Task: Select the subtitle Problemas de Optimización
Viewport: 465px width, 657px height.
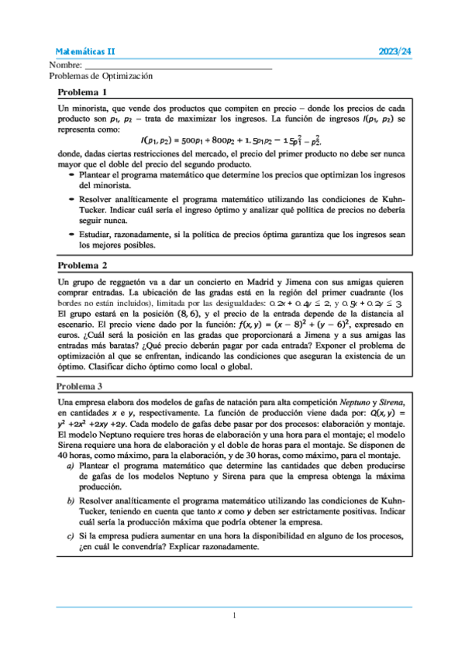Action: tap(101, 77)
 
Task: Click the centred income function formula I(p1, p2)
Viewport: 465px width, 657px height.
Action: tap(231, 140)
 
